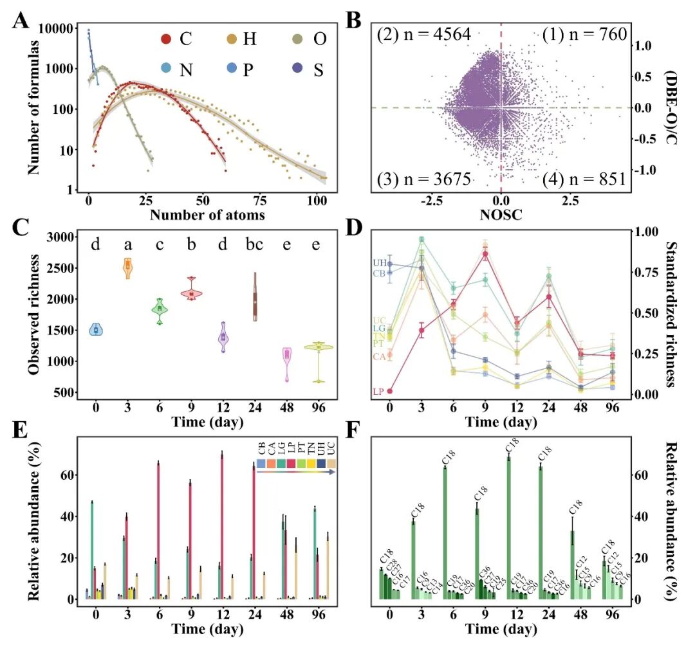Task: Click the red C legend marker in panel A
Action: coord(167,40)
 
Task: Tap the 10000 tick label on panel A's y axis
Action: coord(62,28)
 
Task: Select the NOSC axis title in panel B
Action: coord(501,216)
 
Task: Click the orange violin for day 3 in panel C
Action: coord(128,266)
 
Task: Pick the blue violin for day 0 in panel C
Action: coord(97,329)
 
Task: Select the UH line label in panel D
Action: coord(379,263)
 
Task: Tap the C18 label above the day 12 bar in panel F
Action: coord(512,444)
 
